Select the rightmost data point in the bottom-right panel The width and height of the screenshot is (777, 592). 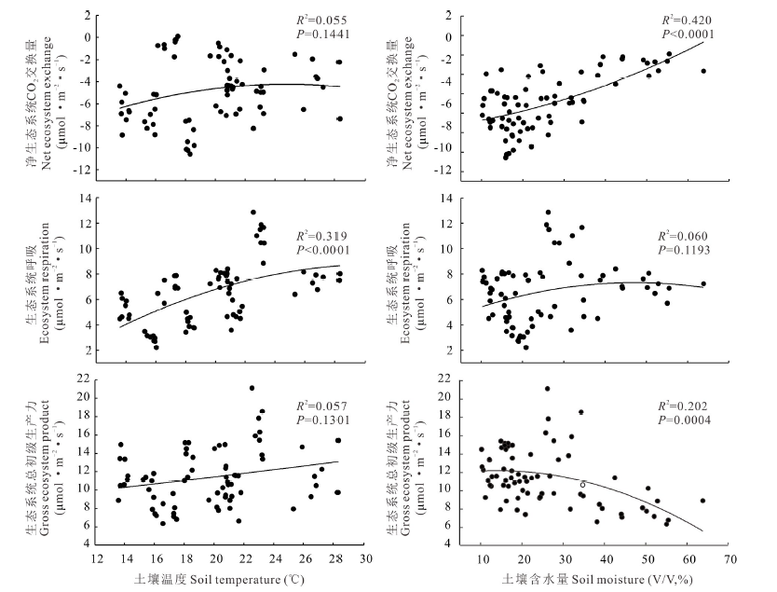(702, 501)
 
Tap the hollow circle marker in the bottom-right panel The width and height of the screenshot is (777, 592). (582, 484)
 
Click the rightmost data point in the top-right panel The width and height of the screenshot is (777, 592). (703, 71)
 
